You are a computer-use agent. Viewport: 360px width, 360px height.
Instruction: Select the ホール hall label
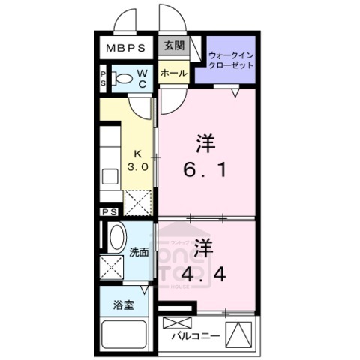click(x=173, y=73)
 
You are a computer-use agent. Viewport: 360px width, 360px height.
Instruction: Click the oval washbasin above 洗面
click(x=115, y=239)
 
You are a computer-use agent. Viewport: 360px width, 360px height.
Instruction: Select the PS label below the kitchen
click(x=109, y=212)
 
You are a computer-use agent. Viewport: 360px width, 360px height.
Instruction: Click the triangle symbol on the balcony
click(x=242, y=333)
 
